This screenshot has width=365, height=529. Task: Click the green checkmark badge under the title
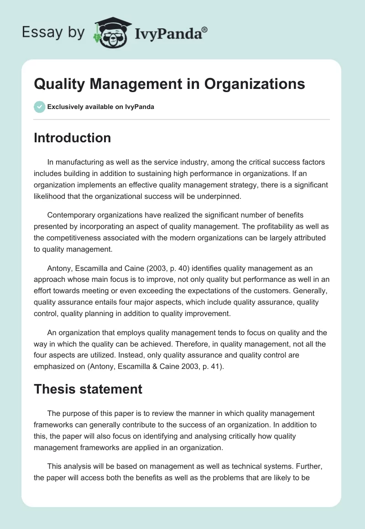(39, 107)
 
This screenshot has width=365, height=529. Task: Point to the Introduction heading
(72, 138)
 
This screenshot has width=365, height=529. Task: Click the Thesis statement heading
(88, 389)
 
